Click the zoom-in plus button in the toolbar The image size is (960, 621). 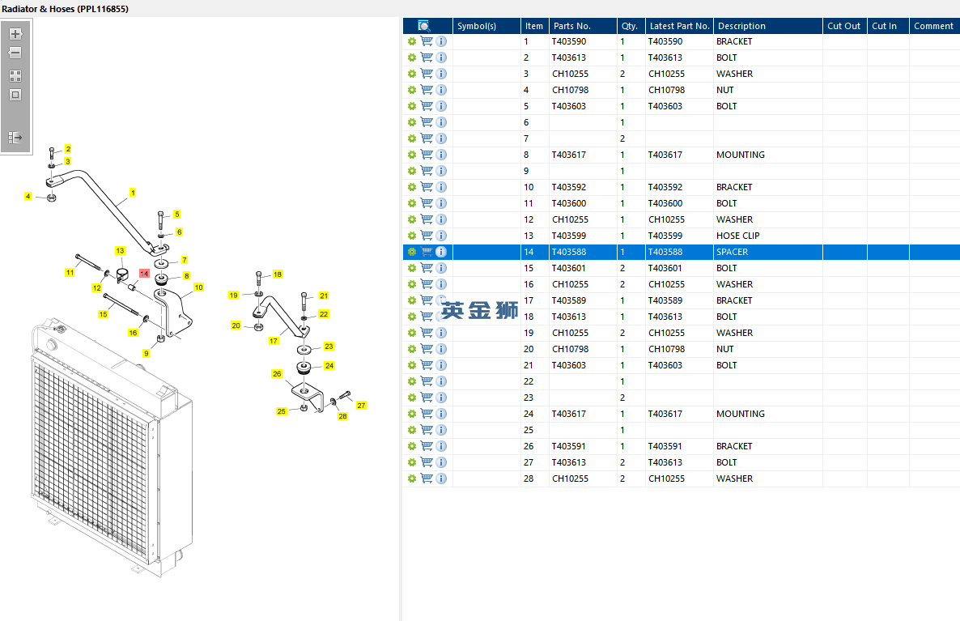click(x=15, y=34)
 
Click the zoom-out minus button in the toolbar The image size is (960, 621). click(x=15, y=53)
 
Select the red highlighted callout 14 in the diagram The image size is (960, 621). click(x=144, y=273)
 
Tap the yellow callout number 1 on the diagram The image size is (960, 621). click(x=132, y=193)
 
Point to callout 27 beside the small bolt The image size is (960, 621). click(x=361, y=406)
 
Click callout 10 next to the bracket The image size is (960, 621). click(x=198, y=287)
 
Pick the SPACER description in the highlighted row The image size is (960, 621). click(x=733, y=252)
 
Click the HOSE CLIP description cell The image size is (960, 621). click(x=737, y=236)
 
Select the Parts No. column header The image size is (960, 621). click(x=571, y=26)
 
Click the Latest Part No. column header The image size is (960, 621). click(x=680, y=26)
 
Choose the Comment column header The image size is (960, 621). click(x=933, y=26)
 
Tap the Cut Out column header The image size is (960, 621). click(x=843, y=26)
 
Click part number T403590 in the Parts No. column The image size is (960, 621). click(x=569, y=41)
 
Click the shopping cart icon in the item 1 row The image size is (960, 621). click(x=427, y=41)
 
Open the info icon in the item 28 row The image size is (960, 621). click(x=441, y=479)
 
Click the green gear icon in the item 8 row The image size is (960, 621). click(x=412, y=155)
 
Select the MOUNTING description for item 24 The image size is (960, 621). click(x=740, y=414)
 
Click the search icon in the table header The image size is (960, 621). click(x=423, y=26)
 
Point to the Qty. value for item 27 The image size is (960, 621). click(x=622, y=462)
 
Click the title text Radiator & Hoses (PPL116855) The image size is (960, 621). click(x=66, y=9)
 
